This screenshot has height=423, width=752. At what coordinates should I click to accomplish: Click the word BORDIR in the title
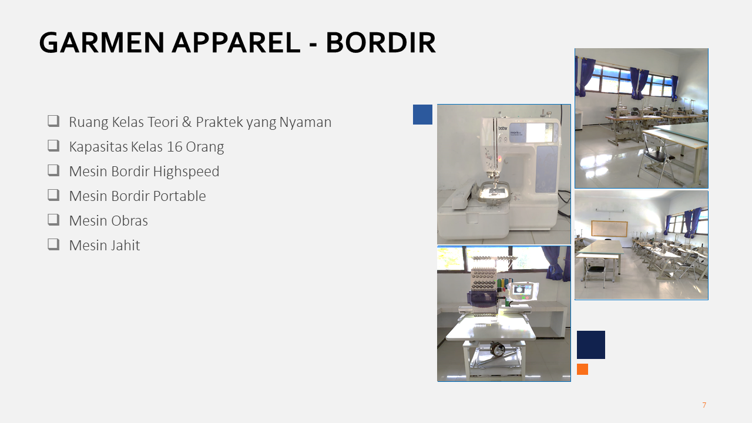381,43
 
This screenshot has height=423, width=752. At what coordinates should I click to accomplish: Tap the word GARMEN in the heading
102,43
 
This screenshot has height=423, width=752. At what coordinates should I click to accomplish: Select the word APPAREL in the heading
236,43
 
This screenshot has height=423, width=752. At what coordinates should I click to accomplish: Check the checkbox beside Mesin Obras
53,220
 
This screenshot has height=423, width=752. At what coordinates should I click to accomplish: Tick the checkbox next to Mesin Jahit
53,245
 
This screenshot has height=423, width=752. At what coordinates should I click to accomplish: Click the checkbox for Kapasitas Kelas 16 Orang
53,146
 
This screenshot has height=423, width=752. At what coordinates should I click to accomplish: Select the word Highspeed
186,172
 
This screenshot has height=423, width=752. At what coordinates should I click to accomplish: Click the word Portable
180,196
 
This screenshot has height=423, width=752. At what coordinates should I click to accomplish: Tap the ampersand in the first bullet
187,122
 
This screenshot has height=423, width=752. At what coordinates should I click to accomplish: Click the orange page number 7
704,405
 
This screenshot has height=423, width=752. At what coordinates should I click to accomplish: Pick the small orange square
582,370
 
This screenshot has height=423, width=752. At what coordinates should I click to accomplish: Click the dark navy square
591,345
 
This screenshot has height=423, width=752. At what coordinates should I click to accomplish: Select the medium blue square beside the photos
422,115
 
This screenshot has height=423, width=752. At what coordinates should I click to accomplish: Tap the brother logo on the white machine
502,129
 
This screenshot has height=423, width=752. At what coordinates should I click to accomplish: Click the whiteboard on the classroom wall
609,229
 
